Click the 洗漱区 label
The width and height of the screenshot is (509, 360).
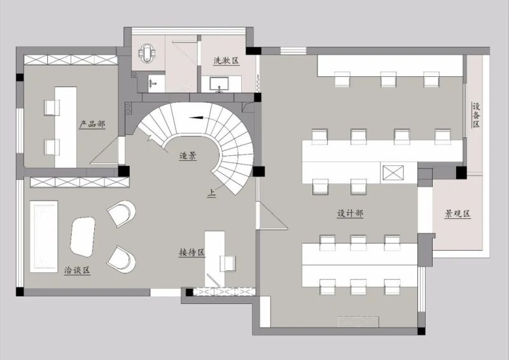[227, 60]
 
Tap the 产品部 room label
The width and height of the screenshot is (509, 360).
[92, 124]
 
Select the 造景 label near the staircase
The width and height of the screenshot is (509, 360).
[188, 156]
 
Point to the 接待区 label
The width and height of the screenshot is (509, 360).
[192, 253]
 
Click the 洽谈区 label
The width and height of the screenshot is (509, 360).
[77, 270]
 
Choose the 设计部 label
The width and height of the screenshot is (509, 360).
[350, 213]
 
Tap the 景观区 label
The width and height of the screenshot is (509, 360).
[457, 214]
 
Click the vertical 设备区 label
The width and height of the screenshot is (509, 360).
[476, 115]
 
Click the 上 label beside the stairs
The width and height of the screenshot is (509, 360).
[211, 193]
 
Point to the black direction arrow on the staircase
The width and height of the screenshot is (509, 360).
[196, 118]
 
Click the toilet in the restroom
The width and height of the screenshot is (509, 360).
[147, 53]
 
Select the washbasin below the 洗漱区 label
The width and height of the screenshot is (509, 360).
[220, 84]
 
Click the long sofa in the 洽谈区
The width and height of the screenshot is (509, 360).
[44, 237]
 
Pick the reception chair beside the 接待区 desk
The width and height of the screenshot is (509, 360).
[228, 263]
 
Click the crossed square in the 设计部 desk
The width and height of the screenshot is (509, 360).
[393, 173]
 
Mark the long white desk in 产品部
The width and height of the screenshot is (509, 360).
[66, 127]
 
